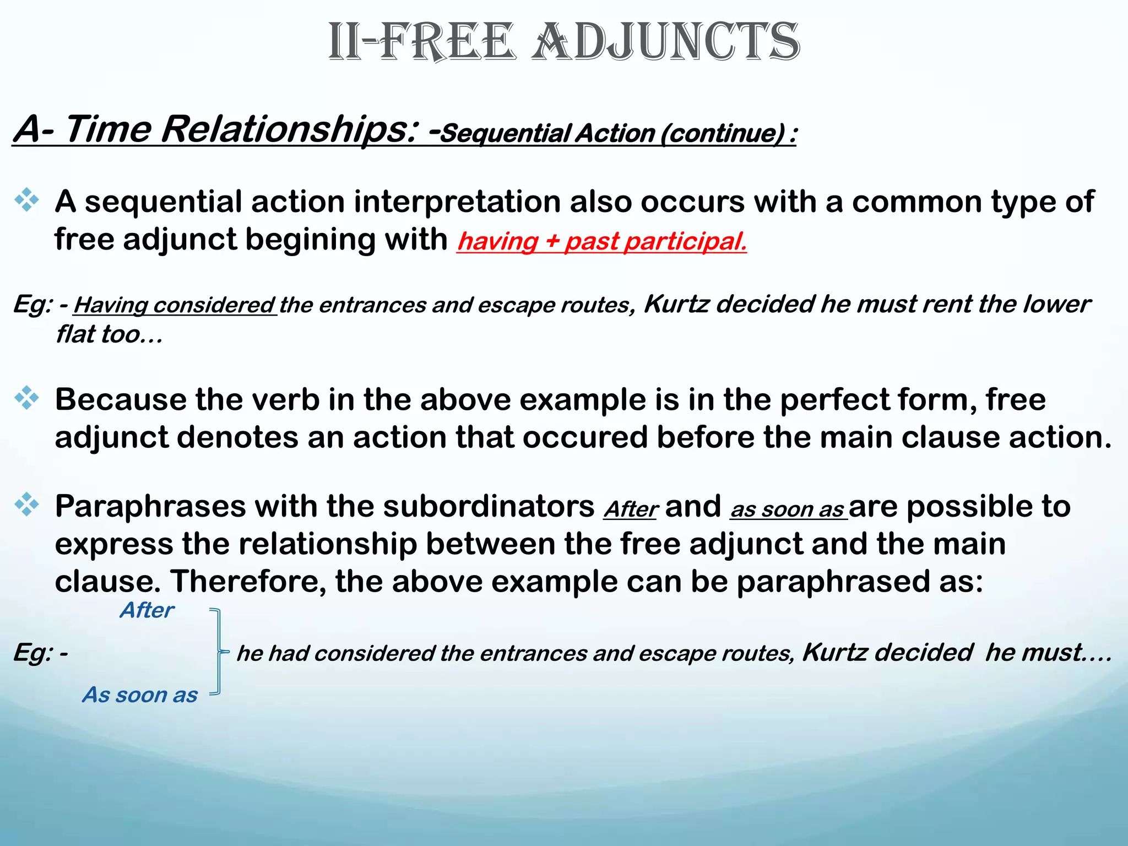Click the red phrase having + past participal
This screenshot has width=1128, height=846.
tap(601, 241)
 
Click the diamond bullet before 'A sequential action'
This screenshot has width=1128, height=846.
tap(26, 200)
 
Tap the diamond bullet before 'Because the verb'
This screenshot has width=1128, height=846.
tap(26, 398)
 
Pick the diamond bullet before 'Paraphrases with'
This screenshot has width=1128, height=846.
tap(26, 505)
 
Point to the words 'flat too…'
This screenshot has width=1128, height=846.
tap(109, 334)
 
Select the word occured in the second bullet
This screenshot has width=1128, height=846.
tap(585, 437)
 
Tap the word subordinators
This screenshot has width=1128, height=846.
tap(489, 506)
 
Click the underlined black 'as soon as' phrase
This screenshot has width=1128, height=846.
tap(788, 509)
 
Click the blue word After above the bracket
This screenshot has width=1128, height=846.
tap(147, 610)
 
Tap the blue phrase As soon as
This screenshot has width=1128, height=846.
tap(140, 695)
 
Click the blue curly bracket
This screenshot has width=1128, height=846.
tap(219, 652)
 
